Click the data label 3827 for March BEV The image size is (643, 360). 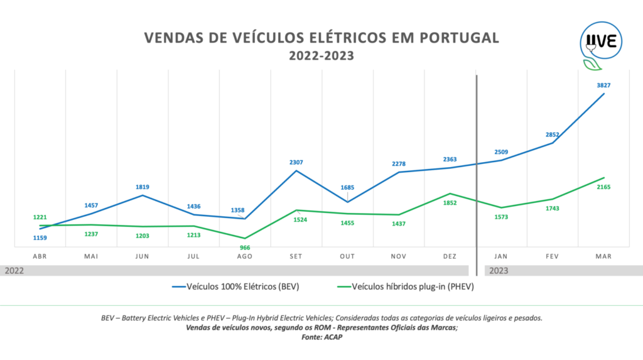pos(603,85)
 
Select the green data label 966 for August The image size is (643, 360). pos(244,248)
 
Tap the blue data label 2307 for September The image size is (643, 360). pos(295,162)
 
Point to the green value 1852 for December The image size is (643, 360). pos(449,203)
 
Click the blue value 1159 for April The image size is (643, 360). pos(40,237)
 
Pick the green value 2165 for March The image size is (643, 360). pos(603,187)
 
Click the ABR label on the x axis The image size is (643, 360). pos(40,256)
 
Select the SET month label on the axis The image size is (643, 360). pos(296,256)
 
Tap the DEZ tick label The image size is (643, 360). pos(449,256)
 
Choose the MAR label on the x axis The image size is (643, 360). pos(603,256)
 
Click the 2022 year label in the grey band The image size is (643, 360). pos(15,271)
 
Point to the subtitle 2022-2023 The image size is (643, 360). pos(321,56)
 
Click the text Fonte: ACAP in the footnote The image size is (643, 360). pos(321,337)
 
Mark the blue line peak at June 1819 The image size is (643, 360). pos(142,195)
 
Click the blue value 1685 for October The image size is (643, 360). pos(347,187)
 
